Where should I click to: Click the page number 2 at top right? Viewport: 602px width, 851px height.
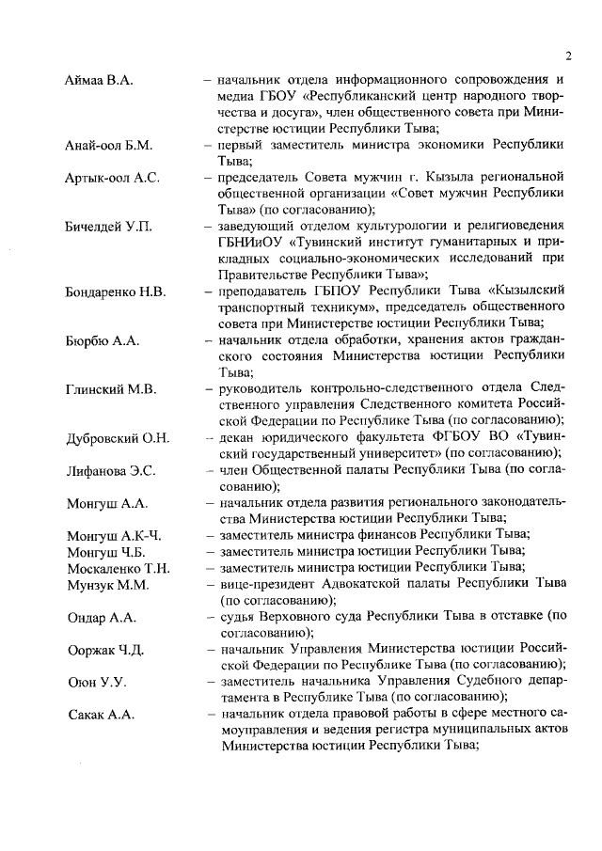pyautogui.click(x=568, y=54)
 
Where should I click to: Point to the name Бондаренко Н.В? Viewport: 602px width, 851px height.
pyautogui.click(x=116, y=292)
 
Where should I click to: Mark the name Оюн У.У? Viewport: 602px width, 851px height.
pyautogui.click(x=96, y=681)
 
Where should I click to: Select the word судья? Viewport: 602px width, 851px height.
pyautogui.click(x=239, y=616)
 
